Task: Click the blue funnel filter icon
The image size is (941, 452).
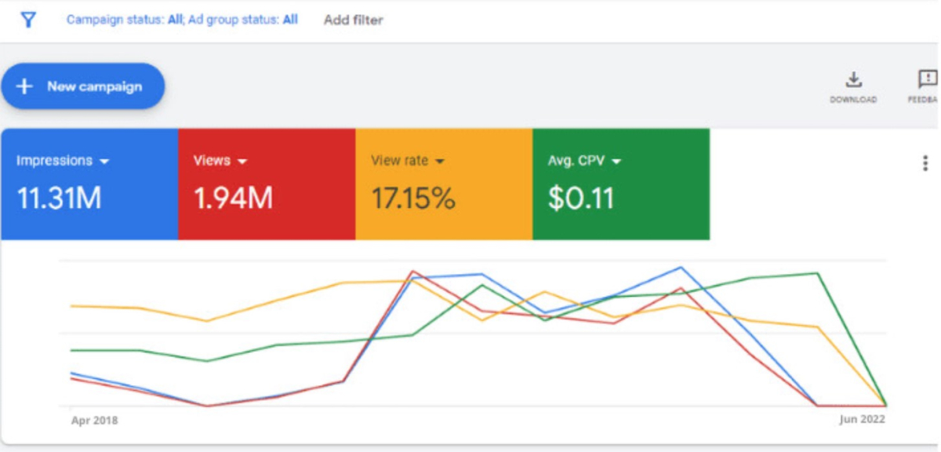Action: pos(28,20)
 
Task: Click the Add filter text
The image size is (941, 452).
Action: pos(353,20)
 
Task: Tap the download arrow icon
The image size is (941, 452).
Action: pos(853,79)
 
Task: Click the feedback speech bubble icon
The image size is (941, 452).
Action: pos(928,79)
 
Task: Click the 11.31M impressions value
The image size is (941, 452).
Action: pos(59,199)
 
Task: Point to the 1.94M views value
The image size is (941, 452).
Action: pos(233,199)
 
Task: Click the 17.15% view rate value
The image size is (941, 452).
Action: pos(413,199)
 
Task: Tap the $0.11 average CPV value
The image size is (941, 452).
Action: pos(580,199)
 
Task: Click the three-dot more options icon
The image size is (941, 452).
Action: pos(925,163)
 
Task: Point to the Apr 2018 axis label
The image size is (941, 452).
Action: pos(94,421)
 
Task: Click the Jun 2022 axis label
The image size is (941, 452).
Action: pos(862,420)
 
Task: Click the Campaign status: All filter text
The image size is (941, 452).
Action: pos(124,20)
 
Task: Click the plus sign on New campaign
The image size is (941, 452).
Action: pos(25,86)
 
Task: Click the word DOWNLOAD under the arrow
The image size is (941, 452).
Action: pos(853,100)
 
